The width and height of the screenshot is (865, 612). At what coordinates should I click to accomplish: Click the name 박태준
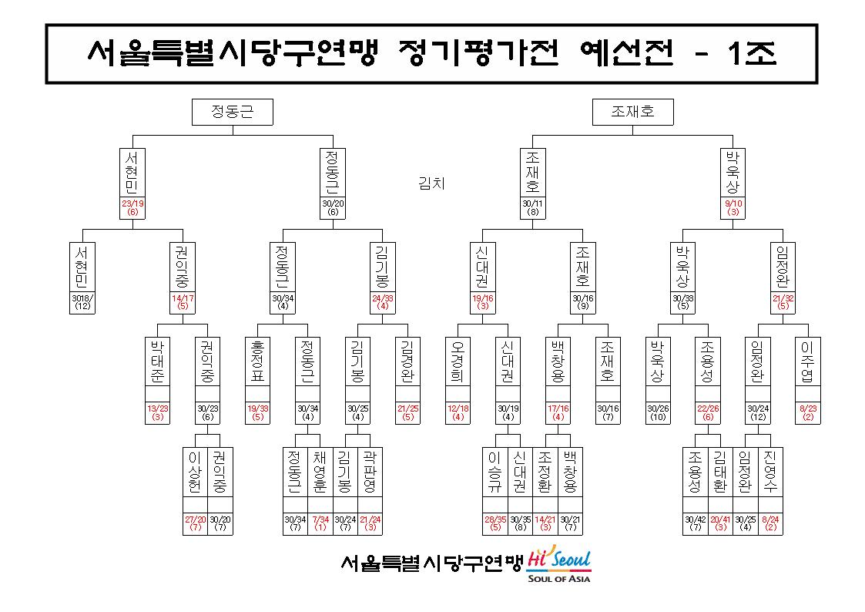(x=157, y=362)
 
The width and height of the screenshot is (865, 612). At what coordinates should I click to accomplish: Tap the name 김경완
(x=407, y=362)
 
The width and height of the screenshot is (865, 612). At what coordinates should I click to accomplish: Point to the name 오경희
(x=458, y=362)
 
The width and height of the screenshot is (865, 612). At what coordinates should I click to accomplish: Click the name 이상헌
(x=195, y=472)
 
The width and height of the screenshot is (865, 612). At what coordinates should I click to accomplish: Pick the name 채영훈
(x=320, y=472)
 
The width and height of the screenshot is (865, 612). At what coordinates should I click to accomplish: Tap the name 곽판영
(x=370, y=472)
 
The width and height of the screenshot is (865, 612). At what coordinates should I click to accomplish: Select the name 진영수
(x=770, y=472)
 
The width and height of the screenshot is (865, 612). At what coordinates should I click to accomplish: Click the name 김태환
(x=720, y=472)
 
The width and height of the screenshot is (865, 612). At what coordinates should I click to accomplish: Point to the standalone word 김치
(x=431, y=183)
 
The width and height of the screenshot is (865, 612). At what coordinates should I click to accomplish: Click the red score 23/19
(x=132, y=203)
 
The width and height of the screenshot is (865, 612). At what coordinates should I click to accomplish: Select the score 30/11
(x=533, y=203)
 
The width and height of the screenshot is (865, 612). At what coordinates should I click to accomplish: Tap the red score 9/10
(x=733, y=203)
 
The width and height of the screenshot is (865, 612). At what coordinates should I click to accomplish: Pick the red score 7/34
(x=320, y=520)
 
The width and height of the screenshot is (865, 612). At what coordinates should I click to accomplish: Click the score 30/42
(x=695, y=520)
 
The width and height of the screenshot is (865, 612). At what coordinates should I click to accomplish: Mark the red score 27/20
(x=196, y=520)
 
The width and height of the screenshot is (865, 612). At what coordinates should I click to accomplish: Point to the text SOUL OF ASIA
(x=559, y=579)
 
